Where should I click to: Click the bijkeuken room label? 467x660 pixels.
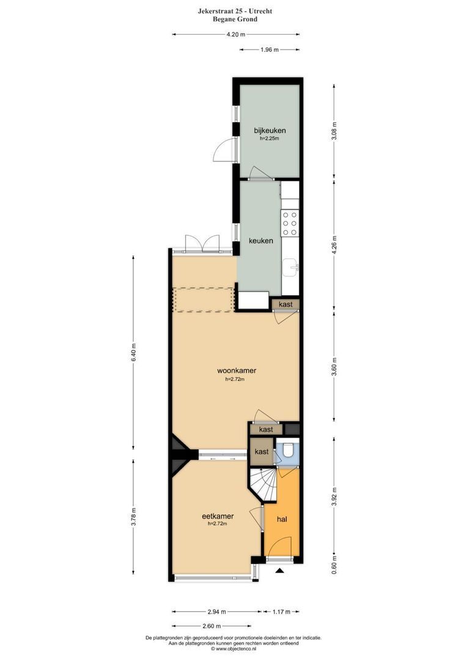(270, 130)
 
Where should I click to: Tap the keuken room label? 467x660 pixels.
(260, 241)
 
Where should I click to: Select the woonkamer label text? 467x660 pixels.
(236, 371)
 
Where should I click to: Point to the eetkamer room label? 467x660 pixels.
(218, 516)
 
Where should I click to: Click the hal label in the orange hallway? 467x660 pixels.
(282, 519)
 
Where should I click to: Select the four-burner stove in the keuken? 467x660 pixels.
(290, 223)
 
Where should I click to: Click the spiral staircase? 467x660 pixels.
(263, 485)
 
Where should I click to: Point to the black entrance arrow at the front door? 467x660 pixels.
(280, 571)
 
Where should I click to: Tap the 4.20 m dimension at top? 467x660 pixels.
(235, 35)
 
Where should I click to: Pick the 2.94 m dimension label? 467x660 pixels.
(216, 611)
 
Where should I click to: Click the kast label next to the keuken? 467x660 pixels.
(285, 304)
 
